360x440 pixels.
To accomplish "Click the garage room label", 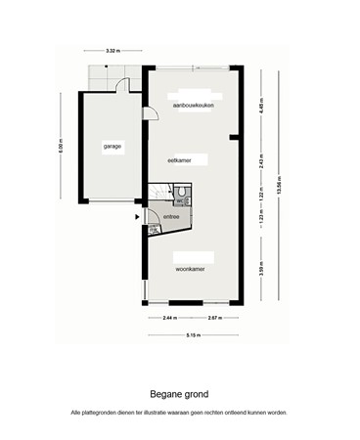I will [112, 146].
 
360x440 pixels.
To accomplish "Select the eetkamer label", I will [179, 158].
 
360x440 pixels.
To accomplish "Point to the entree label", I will [171, 217].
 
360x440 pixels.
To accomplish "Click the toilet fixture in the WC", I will [184, 193].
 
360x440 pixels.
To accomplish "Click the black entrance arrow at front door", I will [136, 216].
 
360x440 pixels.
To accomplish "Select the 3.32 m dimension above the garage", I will [112, 50].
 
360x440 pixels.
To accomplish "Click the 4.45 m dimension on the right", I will [260, 109].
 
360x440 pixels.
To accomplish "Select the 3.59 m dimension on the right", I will [260, 265].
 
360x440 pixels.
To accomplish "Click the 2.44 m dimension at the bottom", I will [169, 319].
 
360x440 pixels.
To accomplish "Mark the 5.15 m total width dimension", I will [193, 336].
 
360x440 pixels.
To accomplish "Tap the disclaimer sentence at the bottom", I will [179, 413].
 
